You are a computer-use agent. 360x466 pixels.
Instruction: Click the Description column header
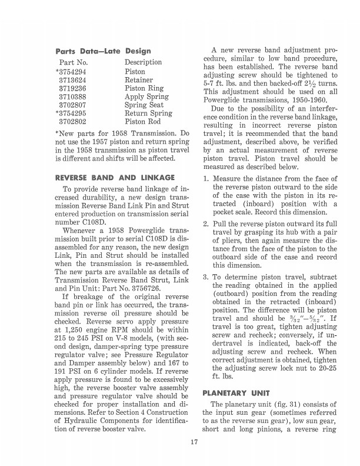pyautogui.click(x=143, y=62)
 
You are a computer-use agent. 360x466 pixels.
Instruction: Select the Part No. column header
pyautogui.click(x=74, y=62)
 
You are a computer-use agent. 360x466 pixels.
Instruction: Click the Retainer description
pyautogui.click(x=139, y=80)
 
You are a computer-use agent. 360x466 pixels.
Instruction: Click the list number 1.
pyautogui.click(x=205, y=178)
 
